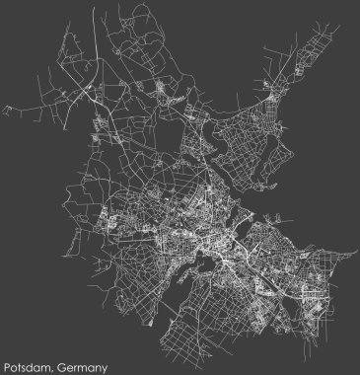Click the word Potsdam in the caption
point(30,364)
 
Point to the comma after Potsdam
point(53,367)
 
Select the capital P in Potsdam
point(8,364)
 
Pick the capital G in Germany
point(61,364)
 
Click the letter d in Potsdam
point(34,364)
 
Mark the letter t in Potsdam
point(22,364)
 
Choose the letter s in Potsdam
point(27,365)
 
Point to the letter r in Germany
point(75,365)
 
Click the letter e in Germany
point(69,365)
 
